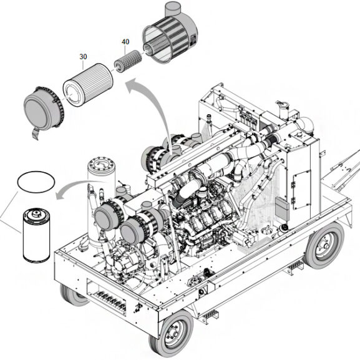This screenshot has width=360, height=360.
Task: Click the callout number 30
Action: click(x=83, y=56)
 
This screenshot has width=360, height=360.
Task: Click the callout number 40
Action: click(x=125, y=42)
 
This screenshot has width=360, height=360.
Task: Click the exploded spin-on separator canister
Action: click(x=35, y=236)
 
